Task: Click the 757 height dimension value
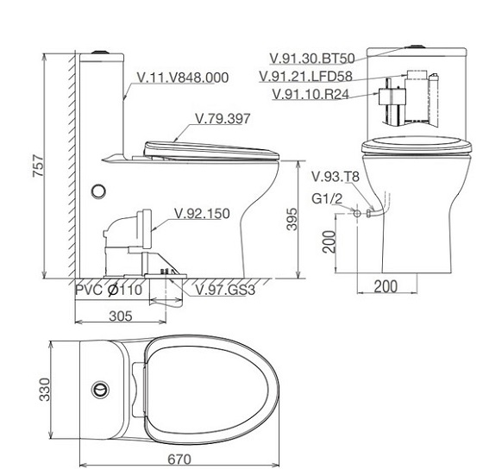39,166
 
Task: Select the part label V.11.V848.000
183,78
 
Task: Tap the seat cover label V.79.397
223,119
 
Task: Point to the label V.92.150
202,214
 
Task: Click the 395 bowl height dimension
292,219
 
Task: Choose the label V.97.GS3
225,290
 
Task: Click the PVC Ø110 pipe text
109,290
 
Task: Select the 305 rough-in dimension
121,316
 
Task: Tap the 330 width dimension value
45,390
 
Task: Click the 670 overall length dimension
179,460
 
